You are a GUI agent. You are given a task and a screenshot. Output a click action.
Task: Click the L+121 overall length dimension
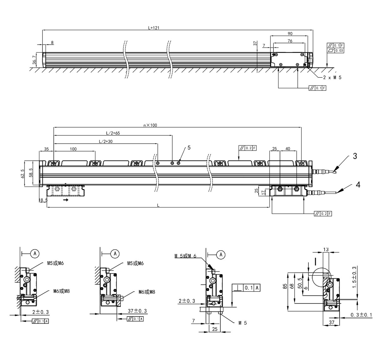point(154,28)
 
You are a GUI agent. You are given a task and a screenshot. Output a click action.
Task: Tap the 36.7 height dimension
point(34,60)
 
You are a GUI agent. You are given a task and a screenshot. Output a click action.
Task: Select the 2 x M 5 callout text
point(332,78)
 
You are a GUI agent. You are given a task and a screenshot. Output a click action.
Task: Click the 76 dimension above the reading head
point(290,41)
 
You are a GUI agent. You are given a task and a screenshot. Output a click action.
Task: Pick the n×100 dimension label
point(150,125)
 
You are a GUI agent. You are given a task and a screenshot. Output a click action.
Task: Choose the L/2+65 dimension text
point(113,133)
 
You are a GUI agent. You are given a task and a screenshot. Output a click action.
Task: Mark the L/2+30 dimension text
point(105,141)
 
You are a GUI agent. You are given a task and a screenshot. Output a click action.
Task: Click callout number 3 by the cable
point(355,156)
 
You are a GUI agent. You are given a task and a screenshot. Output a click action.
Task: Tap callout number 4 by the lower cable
point(358,185)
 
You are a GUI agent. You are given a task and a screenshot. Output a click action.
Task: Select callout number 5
point(189,148)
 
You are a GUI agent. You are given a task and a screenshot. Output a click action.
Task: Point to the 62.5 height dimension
point(22,174)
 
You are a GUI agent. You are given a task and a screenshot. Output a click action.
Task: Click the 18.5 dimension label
point(43,200)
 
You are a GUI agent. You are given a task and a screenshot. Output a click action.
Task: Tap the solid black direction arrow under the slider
point(66,200)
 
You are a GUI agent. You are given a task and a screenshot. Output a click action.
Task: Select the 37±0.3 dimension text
point(137,311)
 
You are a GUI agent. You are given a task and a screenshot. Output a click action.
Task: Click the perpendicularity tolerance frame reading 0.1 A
point(246,288)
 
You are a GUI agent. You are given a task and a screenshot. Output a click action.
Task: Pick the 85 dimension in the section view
point(285,286)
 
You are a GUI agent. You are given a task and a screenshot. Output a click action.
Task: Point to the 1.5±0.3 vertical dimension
point(354,277)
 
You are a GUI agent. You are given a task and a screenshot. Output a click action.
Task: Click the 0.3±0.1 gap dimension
point(361,315)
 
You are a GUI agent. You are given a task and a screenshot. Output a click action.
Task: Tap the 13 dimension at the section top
point(326,249)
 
